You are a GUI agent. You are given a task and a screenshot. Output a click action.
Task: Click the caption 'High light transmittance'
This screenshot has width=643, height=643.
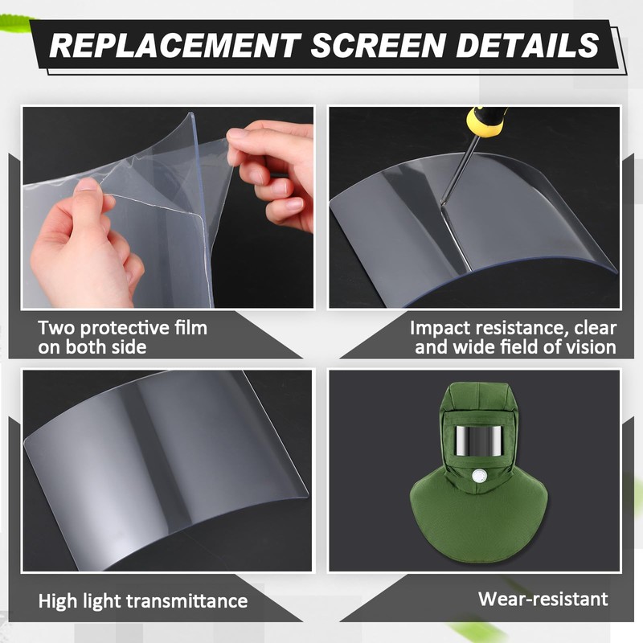(143, 600)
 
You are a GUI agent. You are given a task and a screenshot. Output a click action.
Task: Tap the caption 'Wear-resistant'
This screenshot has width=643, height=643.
(543, 599)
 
